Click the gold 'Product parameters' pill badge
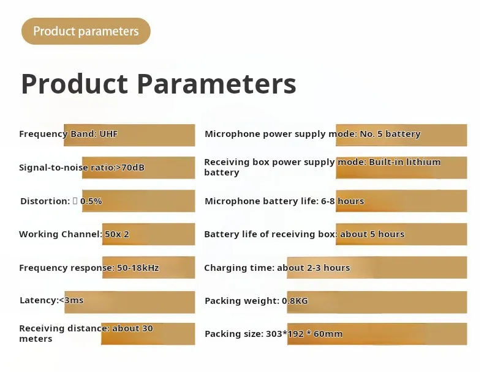tap(86, 31)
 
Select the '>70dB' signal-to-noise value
tap(129, 167)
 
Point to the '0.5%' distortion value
tap(91, 201)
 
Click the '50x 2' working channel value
tap(116, 234)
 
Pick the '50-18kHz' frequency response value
tap(138, 268)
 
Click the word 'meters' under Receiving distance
tap(36, 339)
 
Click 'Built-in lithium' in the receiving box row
tap(404, 162)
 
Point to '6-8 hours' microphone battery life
tap(342, 201)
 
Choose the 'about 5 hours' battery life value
tap(372, 234)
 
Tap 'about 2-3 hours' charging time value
tap(313, 268)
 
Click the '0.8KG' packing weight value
tap(295, 301)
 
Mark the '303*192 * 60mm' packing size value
tap(304, 334)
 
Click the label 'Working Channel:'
tap(60, 234)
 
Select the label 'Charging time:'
tap(239, 268)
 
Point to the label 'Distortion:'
tap(45, 201)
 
